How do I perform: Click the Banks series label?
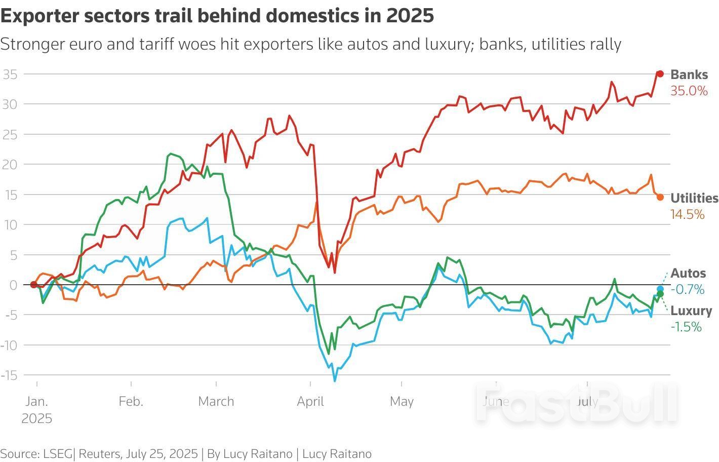[x=689, y=74]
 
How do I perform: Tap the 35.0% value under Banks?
[x=689, y=91]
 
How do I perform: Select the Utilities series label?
[x=694, y=198]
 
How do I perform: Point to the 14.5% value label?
[x=687, y=215]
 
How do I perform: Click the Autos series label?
[x=688, y=274]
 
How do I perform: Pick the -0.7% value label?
[x=687, y=290]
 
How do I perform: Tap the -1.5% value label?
[x=686, y=327]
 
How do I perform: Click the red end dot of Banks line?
[x=660, y=74]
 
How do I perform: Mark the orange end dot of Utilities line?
[x=660, y=197]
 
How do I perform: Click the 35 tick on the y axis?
[x=10, y=74]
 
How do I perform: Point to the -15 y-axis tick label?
[x=9, y=375]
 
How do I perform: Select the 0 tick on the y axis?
[x=13, y=285]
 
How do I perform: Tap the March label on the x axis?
[x=216, y=402]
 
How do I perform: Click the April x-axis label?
[x=310, y=402]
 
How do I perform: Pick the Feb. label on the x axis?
[x=131, y=402]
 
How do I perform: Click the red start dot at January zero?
[x=33, y=285]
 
